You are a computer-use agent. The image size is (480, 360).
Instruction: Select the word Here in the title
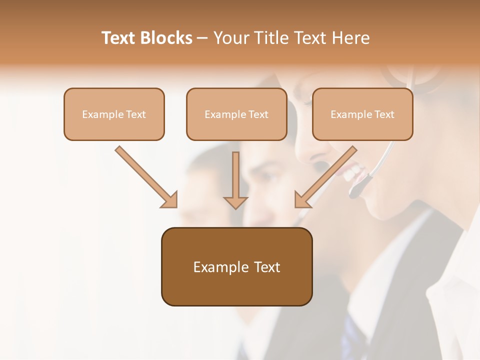coord(351,38)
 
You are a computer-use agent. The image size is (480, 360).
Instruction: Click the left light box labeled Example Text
coord(114,114)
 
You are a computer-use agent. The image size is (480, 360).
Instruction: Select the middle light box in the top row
coord(236,114)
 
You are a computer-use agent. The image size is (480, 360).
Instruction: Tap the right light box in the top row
coord(362,114)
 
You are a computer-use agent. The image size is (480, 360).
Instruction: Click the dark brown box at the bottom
coord(236,266)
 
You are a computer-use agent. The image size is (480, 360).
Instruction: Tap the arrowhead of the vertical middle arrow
coord(235,202)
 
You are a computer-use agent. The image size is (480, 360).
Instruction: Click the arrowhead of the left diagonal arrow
coord(170,200)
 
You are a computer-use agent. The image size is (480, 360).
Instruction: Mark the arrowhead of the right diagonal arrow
coord(301,200)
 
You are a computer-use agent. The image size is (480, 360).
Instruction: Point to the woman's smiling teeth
coord(352,173)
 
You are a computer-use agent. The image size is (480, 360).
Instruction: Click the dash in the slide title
coord(202,38)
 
